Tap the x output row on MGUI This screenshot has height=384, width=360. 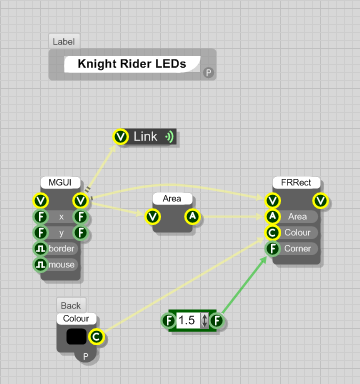point(60,216)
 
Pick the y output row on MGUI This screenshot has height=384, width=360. point(60,232)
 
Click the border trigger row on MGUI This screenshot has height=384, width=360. point(60,248)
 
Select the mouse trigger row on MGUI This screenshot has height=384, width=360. point(60,264)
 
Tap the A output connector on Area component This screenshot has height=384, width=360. point(193,216)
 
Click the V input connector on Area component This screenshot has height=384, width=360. point(153,216)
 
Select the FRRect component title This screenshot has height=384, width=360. point(297,183)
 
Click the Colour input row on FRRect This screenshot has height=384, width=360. point(297,232)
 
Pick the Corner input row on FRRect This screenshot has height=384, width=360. point(297,248)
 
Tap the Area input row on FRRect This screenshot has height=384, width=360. point(297,216)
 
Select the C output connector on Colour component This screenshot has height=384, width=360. point(96,338)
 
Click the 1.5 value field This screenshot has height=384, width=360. point(187,321)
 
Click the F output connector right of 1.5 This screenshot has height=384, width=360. point(216,321)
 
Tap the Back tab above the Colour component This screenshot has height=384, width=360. point(70,304)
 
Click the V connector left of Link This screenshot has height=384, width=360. point(121,136)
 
